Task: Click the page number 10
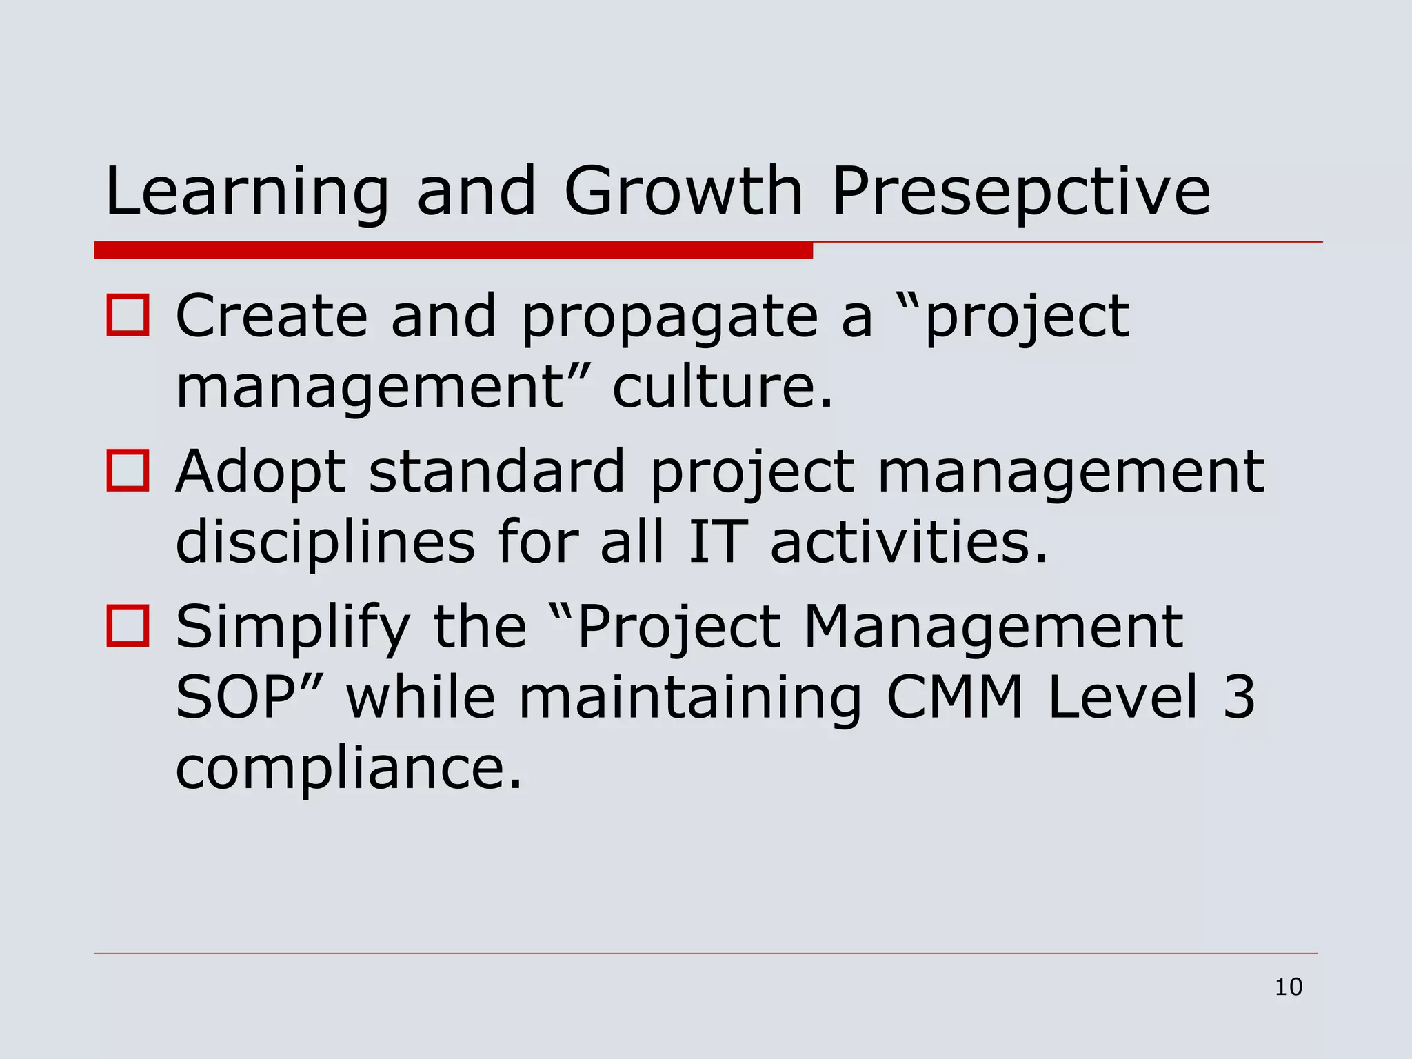point(1288,987)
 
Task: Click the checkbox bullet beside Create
point(128,316)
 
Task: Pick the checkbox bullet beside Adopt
point(128,471)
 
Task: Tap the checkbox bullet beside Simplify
point(128,626)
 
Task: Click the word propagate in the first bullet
point(669,319)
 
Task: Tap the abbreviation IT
point(718,542)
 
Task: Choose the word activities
point(908,542)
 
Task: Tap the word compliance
point(348,769)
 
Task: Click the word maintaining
point(689,698)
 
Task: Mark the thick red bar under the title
point(453,250)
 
